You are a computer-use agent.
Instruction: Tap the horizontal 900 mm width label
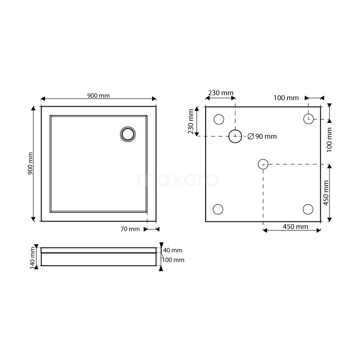pos(99,95)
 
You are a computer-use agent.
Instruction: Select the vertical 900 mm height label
pos(30,163)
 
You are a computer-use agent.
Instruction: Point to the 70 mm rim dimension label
pos(130,229)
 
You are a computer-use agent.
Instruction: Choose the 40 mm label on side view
pos(173,250)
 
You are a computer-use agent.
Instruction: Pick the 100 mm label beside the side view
pos(173,260)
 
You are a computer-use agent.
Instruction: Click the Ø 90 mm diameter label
pos(262,136)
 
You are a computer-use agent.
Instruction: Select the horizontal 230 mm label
pos(220,93)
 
